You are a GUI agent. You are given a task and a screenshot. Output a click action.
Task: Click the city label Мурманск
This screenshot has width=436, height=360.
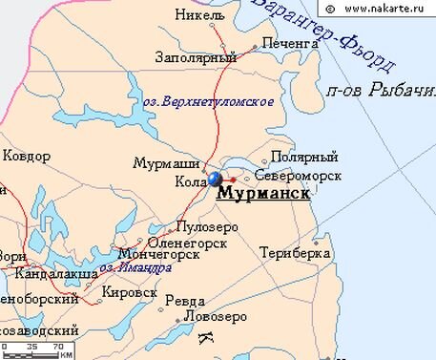(264, 194)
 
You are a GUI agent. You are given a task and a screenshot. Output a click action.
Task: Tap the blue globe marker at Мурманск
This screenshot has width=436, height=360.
(216, 179)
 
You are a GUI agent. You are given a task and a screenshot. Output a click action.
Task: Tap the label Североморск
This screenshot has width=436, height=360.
(297, 177)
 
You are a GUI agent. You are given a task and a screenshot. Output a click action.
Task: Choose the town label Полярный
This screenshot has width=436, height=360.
(304, 156)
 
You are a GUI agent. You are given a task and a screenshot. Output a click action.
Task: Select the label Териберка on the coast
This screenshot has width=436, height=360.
(295, 253)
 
